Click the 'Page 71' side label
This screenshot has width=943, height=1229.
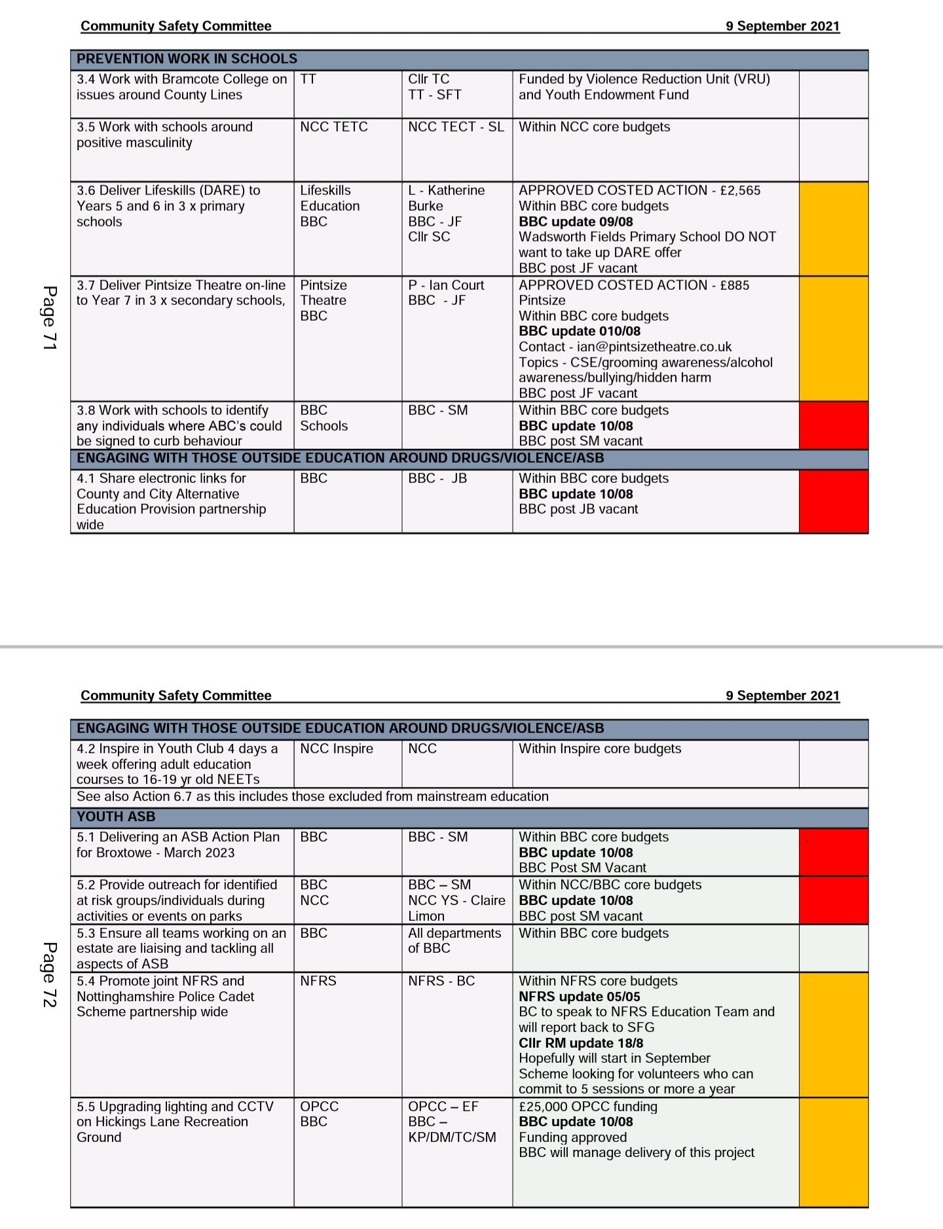point(50,317)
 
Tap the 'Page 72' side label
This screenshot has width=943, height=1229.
point(50,974)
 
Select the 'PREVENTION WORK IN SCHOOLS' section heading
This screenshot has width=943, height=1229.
point(187,59)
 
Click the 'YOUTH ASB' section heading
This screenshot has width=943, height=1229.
point(116,817)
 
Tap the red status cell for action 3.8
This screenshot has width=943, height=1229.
point(834,425)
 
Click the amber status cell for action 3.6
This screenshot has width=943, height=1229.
point(834,229)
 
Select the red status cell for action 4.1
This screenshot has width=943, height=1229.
point(834,501)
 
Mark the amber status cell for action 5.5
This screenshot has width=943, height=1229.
point(834,1152)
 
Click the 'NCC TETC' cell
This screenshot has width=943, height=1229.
point(334,127)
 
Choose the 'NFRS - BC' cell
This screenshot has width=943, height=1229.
point(441,981)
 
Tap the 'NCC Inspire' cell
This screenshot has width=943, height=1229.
point(337,749)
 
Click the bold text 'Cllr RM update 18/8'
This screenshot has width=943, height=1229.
point(581,1043)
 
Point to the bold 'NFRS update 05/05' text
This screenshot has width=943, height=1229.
point(580,997)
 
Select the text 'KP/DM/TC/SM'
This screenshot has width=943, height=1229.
point(452,1137)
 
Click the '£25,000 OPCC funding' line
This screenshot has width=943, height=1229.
point(588,1107)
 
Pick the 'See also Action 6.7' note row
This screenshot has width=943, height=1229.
point(312,796)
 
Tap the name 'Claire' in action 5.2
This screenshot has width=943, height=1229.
point(488,900)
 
